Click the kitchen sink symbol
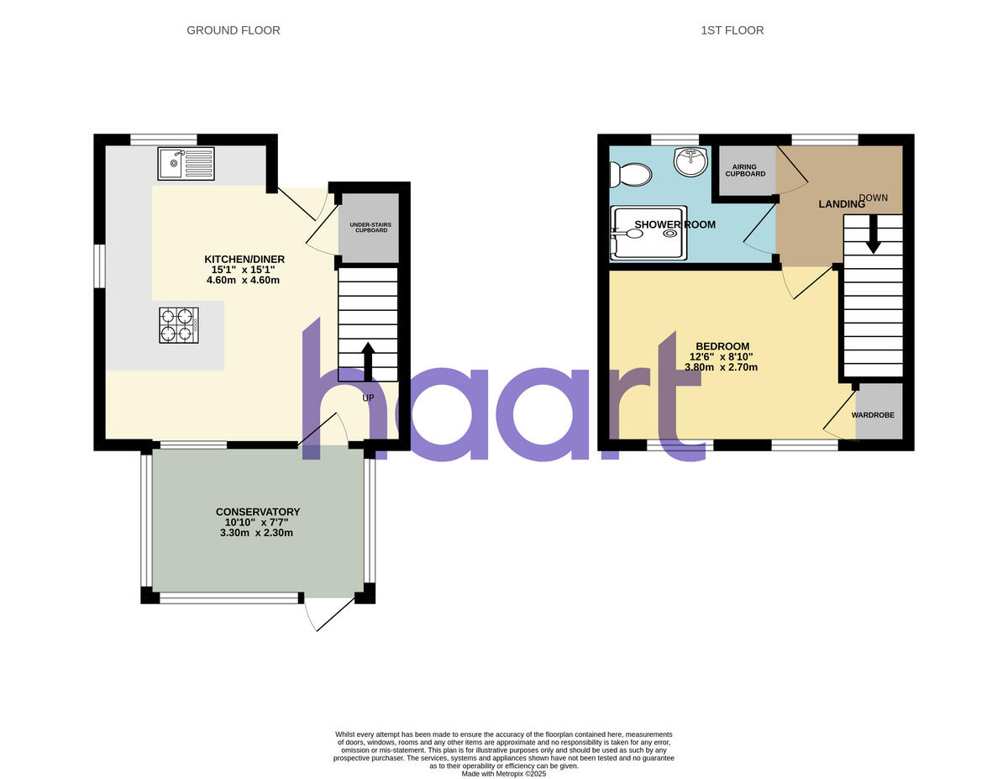(186, 163)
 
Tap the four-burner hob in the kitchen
(178, 325)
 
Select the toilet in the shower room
(631, 175)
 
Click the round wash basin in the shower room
(690, 162)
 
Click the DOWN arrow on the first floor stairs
(874, 234)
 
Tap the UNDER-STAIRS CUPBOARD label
(370, 227)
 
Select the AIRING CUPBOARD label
(746, 170)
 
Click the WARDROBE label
(873, 415)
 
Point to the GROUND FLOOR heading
(234, 30)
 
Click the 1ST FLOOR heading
(732, 30)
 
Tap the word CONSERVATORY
(258, 512)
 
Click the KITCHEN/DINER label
(244, 259)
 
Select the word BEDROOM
(722, 346)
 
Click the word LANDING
(842, 204)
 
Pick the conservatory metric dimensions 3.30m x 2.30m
(257, 533)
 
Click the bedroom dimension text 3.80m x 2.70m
(722, 367)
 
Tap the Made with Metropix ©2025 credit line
(504, 774)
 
